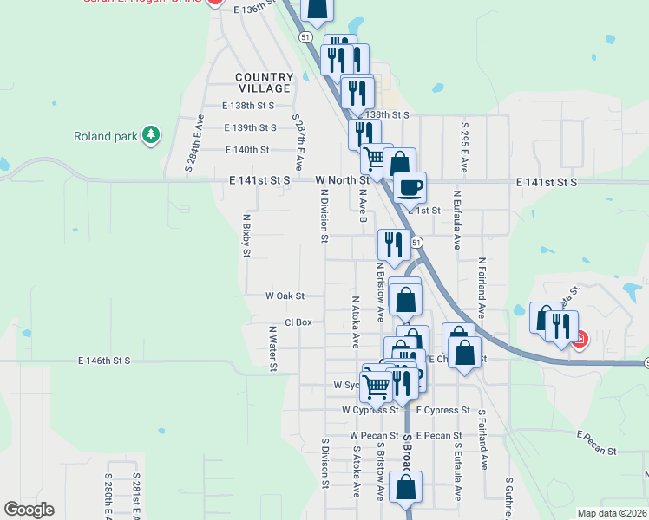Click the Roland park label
[x=105, y=136]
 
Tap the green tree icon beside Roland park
[x=152, y=134]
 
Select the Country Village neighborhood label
[x=264, y=83]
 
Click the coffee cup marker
[x=410, y=186]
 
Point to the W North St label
[x=343, y=180]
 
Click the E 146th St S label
[x=103, y=360]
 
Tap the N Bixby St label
[x=246, y=236]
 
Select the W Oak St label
[x=285, y=296]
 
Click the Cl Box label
[x=298, y=322]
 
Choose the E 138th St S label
[x=248, y=106]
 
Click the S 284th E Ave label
[x=193, y=144]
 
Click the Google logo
[x=29, y=510]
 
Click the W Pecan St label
[x=374, y=435]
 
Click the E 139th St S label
[x=250, y=127]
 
